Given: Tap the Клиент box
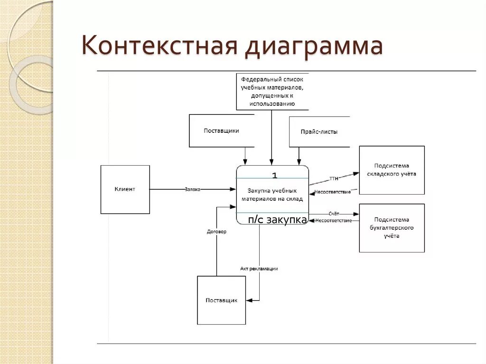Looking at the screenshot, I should [x=125, y=189].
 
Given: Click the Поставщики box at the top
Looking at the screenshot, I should [x=222, y=131].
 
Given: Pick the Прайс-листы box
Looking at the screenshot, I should [x=319, y=132].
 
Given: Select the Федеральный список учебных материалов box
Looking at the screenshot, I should [x=272, y=91].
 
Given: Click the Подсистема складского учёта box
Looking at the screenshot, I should [x=392, y=170].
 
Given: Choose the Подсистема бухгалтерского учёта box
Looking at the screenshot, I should [x=392, y=228].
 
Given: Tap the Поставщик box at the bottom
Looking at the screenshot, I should [x=221, y=300].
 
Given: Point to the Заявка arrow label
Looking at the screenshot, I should [x=192, y=189].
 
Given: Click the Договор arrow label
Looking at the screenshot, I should [x=216, y=232].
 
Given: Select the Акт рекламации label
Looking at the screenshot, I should [x=259, y=269].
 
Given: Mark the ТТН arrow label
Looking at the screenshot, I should [x=334, y=179].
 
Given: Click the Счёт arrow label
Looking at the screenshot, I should [x=334, y=214].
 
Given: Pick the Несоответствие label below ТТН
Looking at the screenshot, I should [x=332, y=192].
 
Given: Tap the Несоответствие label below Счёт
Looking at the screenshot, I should [x=333, y=221].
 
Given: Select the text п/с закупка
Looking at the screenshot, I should [x=278, y=220].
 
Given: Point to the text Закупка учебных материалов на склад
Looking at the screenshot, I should [x=272, y=195].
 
